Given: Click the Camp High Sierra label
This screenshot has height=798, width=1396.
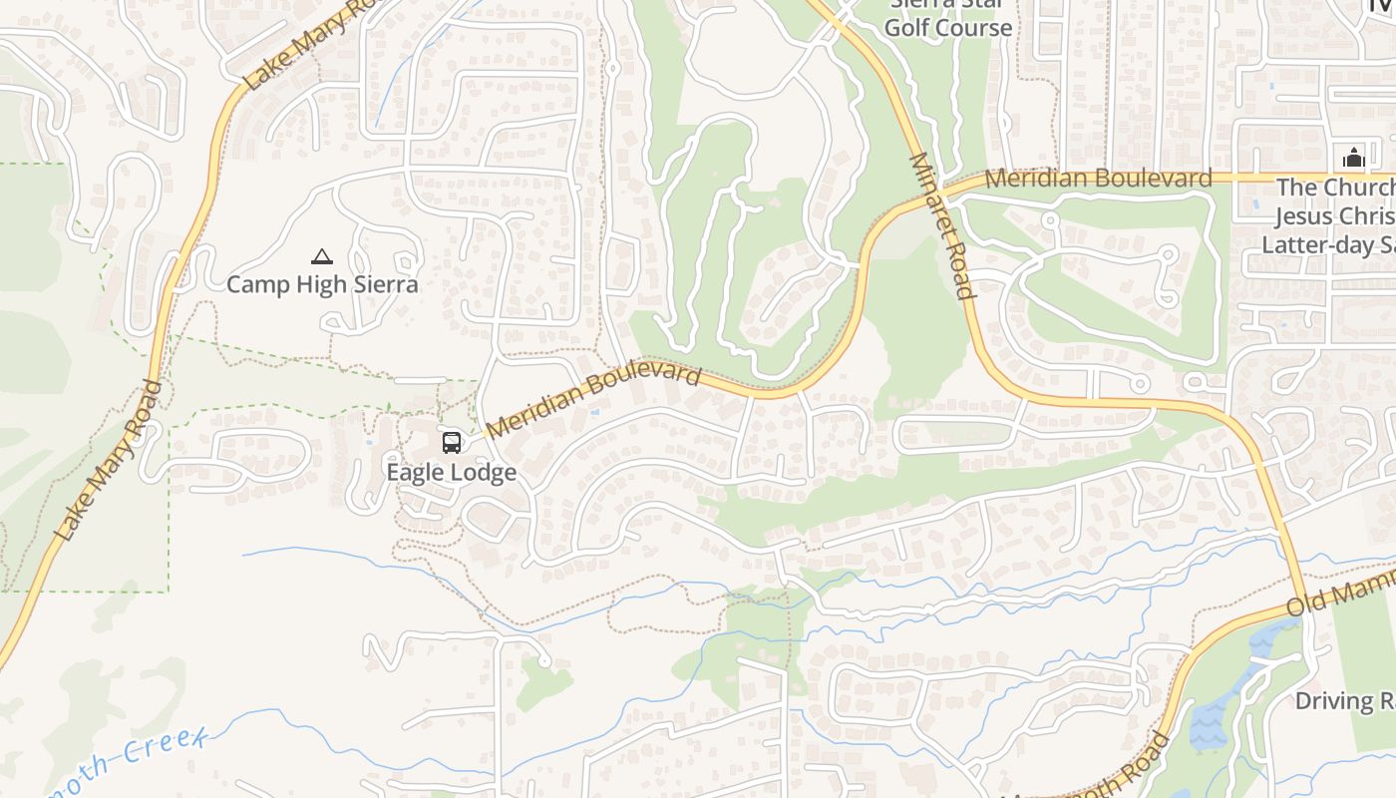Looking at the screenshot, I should [322, 285].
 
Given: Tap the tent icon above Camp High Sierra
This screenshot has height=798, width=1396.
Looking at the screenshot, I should [321, 257].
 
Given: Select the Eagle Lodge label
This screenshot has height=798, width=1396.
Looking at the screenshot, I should [451, 473].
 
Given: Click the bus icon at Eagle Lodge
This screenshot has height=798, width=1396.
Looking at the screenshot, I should [452, 442].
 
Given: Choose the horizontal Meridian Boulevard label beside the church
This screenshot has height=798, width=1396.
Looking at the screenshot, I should [1098, 179].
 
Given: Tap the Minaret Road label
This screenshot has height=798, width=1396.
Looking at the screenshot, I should [941, 226].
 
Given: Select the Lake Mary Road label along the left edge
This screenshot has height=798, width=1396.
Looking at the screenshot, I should [109, 461].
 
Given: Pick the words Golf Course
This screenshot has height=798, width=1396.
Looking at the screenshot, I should [947, 27].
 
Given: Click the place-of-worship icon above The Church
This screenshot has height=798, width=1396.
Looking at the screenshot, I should [1353, 158].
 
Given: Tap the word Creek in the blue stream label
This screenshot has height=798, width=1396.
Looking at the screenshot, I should [168, 745].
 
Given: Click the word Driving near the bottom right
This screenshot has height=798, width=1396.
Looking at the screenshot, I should [1334, 701].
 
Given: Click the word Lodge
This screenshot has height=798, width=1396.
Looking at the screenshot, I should [483, 473].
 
